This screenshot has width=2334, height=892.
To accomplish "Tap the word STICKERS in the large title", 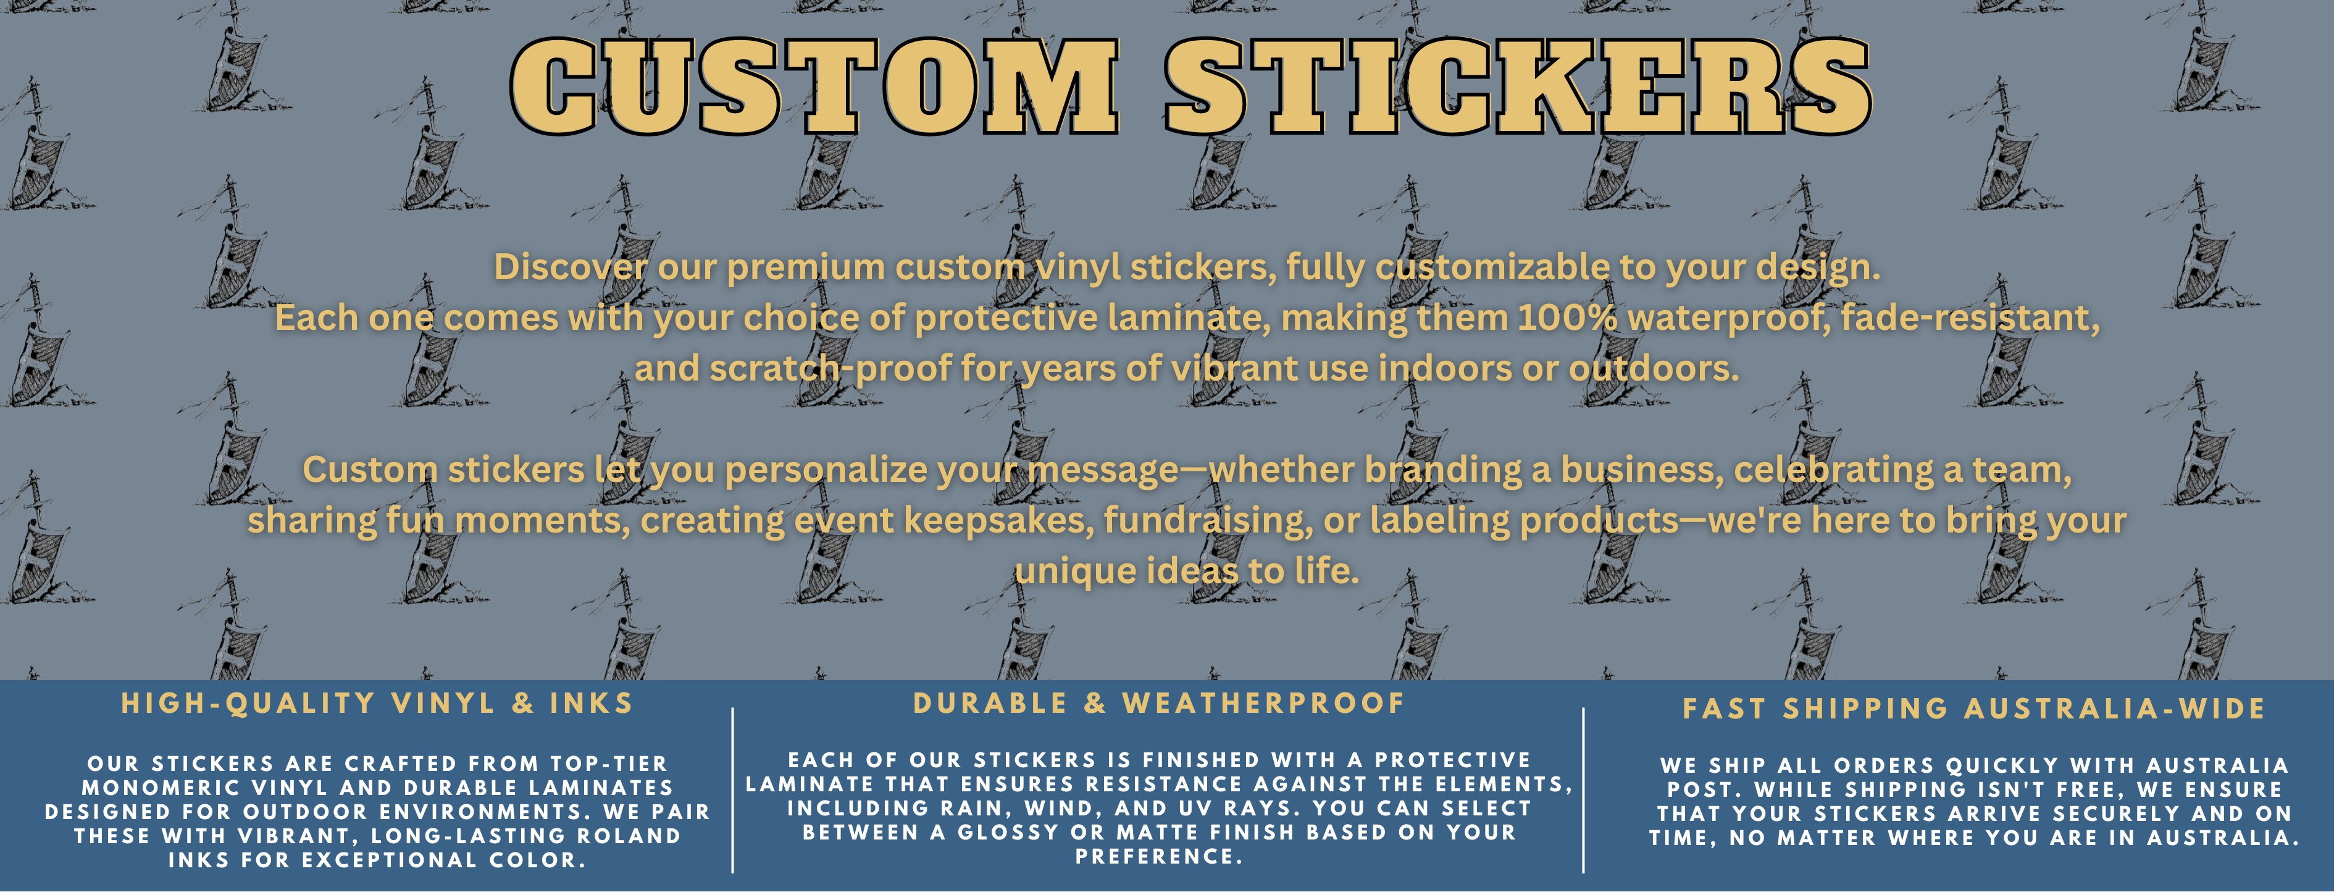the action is [x=1518, y=88].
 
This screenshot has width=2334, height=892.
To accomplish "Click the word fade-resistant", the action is [x=1957, y=318].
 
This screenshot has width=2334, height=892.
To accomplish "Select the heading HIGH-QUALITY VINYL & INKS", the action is [x=377, y=704].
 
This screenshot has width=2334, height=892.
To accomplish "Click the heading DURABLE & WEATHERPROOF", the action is [x=1159, y=704].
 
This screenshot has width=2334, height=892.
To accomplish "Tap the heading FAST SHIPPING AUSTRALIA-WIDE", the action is [x=1974, y=709].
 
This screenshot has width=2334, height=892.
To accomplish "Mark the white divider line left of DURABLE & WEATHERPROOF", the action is [x=732, y=791].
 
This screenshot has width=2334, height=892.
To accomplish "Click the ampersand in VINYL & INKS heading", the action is [x=523, y=704].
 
